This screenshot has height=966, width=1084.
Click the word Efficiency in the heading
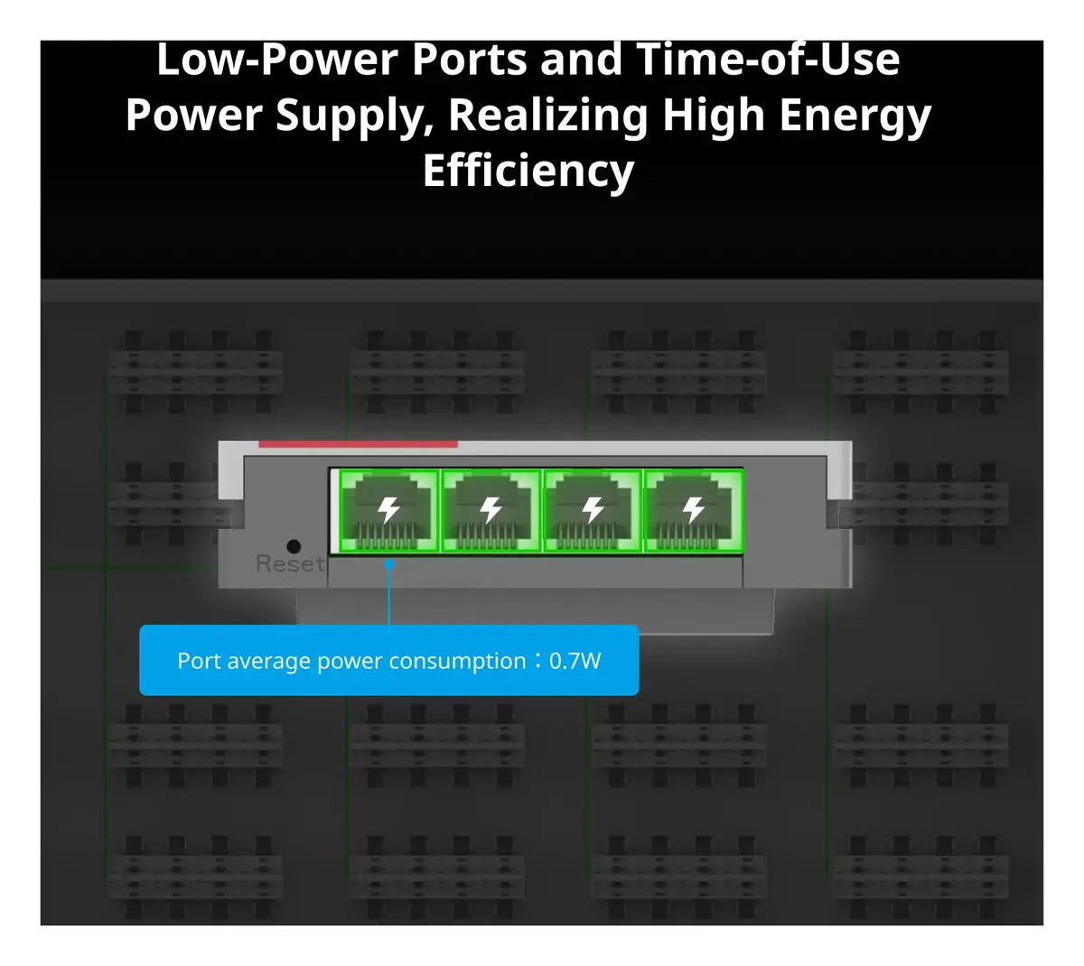coord(528,171)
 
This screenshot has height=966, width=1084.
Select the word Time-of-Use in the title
coord(768,60)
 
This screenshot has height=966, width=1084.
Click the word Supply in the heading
coord(355,116)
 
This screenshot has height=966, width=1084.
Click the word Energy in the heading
coord(855,116)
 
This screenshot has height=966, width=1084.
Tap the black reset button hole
coord(294,546)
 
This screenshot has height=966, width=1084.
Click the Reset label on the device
coord(290,563)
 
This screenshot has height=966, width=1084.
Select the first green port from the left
coord(388,510)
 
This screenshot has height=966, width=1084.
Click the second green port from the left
coord(491,510)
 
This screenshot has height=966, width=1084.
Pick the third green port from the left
coord(593,510)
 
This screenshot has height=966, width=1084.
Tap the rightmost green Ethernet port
coord(694,510)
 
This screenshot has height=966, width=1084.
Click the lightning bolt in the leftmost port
coord(388,509)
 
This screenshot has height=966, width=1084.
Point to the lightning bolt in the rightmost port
coord(694,509)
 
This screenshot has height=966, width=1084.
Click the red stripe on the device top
coord(358,444)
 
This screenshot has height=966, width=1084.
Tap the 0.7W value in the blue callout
coord(575,661)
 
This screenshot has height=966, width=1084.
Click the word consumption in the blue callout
coord(457,662)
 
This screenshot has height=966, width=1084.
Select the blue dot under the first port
coord(389,564)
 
